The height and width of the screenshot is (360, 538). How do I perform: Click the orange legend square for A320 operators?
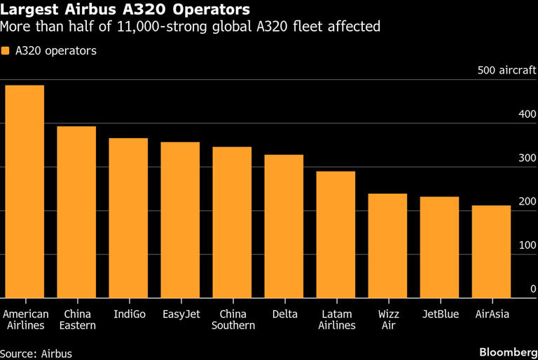(x=6, y=51)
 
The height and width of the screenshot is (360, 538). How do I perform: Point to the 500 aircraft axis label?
(x=506, y=71)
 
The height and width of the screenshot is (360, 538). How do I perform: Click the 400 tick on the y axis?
(x=527, y=114)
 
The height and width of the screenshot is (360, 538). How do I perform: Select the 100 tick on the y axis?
(x=527, y=245)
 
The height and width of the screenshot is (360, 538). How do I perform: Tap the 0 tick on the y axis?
(x=532, y=289)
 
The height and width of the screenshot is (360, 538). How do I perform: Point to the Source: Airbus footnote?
(x=36, y=354)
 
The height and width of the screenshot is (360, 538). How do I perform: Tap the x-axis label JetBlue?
(x=439, y=314)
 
